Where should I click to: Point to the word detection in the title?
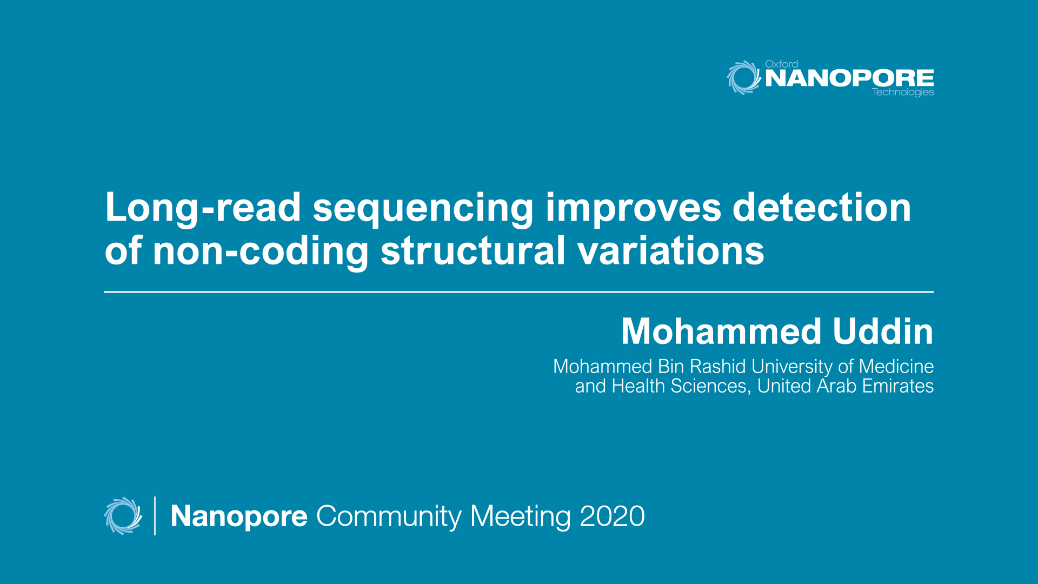pos(821,208)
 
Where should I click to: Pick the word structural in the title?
pos(473,251)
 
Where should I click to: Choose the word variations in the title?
pos(670,251)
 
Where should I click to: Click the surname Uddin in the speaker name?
pos(883,331)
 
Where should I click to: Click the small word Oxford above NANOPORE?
pos(781,64)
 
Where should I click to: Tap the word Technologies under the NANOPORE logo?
pos(902,92)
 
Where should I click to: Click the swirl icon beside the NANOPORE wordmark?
pos(743,77)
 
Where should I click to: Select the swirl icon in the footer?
pos(123,516)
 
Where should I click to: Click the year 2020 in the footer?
pos(612,516)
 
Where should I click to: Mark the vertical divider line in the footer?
pos(155,516)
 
